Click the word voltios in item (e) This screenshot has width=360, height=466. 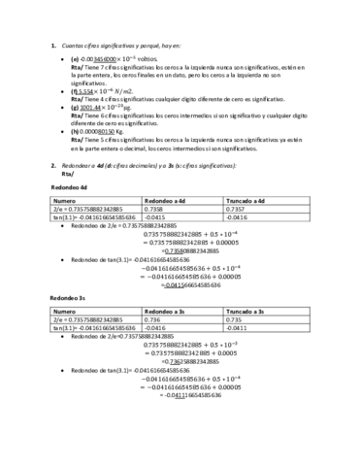(159, 58)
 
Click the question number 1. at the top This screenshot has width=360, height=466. (52, 45)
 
